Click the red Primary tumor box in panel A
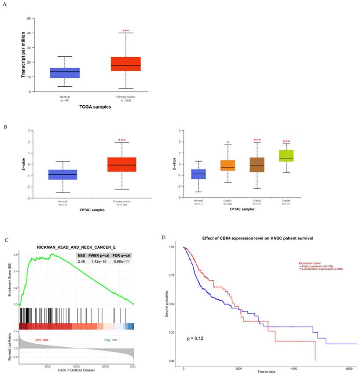[126, 64]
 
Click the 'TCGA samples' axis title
[95, 107]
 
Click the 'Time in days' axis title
[266, 372]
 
